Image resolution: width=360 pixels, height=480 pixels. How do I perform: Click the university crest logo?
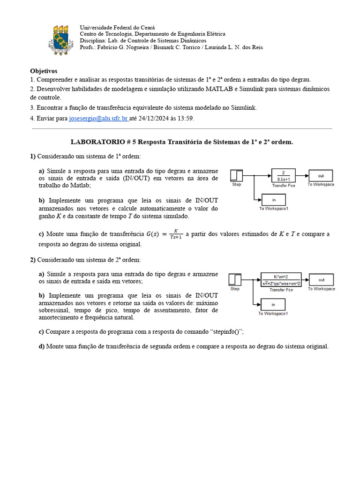[60, 40]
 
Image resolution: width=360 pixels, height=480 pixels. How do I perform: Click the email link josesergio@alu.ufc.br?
[98, 119]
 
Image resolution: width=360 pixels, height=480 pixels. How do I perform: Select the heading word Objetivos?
[44, 71]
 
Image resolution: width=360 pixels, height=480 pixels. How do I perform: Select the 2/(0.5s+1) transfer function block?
[283, 175]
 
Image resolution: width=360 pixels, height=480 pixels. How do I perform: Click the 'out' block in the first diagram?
[321, 176]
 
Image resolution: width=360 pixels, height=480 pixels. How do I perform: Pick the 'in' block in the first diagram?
[273, 199]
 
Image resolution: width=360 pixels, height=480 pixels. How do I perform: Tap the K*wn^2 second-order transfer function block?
[281, 279]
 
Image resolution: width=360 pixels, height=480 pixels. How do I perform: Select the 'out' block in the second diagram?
[321, 280]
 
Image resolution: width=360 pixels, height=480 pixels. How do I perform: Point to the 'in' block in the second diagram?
[273, 304]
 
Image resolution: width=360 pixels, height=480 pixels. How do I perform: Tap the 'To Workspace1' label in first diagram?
[273, 209]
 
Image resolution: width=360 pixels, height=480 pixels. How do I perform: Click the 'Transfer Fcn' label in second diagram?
[281, 290]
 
